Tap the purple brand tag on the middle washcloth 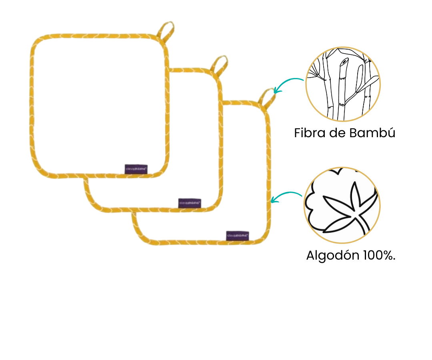[x=190, y=203]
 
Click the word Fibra [x=309, y=133]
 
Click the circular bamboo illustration [x=343, y=84]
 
